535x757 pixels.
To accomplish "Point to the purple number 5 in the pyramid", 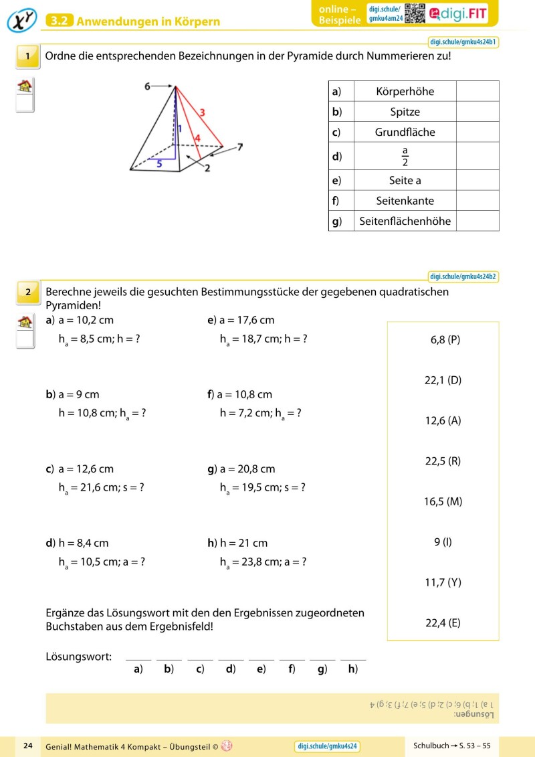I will pos(158,161).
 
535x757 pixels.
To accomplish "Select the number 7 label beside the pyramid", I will pos(240,147).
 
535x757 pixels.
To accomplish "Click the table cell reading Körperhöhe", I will pos(405,91).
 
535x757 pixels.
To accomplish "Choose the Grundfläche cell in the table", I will pos(405,132).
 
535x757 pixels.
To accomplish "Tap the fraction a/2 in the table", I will pos(405,156).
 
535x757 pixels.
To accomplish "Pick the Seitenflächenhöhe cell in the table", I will pos(405,221).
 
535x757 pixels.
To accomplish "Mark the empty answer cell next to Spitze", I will pos(477,112).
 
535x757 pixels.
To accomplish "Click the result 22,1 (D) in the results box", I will pos(443,380).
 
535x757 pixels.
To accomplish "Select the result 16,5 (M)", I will pos(443,501).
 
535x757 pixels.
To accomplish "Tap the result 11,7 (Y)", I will pos(443,582).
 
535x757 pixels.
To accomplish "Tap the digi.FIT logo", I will pos(459,13).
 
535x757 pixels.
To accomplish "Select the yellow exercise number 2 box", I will pos(27,291).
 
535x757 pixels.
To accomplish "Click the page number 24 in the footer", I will pos(28,746).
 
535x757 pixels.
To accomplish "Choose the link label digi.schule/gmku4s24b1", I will pos(463,41).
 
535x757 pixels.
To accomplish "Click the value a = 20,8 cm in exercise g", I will pos(247,469).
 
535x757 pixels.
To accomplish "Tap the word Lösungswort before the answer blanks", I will pos(78,657).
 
